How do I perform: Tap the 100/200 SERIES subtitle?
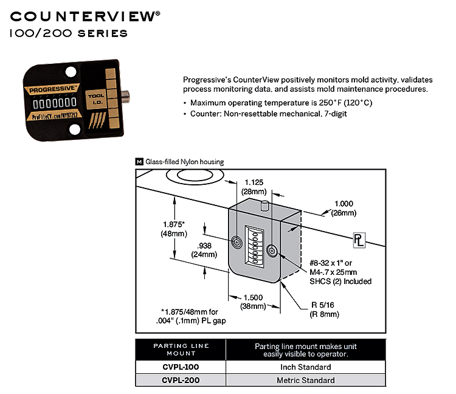pyautogui.click(x=69, y=33)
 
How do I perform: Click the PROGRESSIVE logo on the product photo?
pyautogui.click(x=52, y=91)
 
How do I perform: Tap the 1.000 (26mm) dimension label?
pyautogui.click(x=344, y=209)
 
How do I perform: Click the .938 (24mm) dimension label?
pyautogui.click(x=205, y=250)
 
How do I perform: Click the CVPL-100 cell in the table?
pyautogui.click(x=180, y=367)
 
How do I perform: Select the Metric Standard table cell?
pyautogui.click(x=305, y=381)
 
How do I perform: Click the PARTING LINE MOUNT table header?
pyautogui.click(x=181, y=350)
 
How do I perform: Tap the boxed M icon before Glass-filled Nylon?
pyautogui.click(x=139, y=162)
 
